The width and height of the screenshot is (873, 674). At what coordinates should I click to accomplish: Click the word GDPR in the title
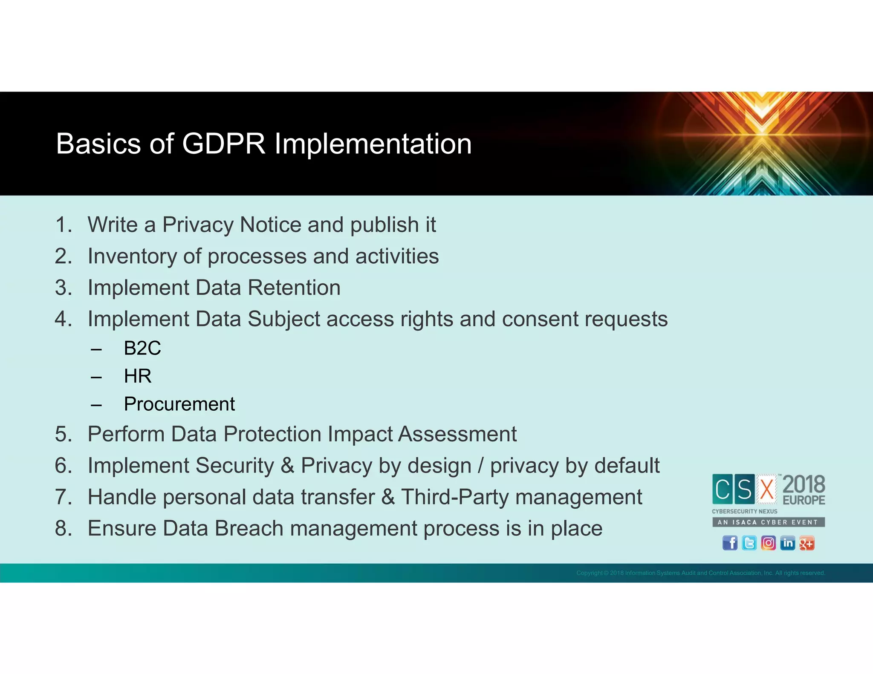click(223, 144)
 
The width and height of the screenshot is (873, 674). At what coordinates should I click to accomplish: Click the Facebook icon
click(730, 543)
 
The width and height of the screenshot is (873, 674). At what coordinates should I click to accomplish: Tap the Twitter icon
click(749, 543)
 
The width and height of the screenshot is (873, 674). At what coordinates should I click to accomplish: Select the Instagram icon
click(768, 543)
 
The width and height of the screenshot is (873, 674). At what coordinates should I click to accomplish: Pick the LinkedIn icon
click(787, 543)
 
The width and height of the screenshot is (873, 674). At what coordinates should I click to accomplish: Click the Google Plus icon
click(807, 543)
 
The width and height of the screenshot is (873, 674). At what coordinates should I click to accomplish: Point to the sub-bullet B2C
click(142, 349)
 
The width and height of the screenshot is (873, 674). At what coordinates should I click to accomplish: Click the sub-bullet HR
click(138, 376)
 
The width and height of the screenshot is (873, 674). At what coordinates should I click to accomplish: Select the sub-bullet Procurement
click(179, 404)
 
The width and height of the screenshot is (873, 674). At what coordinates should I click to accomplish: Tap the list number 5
click(63, 435)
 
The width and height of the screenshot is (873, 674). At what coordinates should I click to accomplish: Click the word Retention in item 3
click(294, 288)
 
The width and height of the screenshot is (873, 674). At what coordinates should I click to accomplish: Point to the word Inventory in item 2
click(132, 256)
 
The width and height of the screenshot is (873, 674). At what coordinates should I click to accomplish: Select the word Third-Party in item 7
click(455, 497)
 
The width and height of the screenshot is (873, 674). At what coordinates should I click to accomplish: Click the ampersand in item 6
click(288, 466)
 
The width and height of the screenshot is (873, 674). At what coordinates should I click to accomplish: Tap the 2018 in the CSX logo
click(804, 485)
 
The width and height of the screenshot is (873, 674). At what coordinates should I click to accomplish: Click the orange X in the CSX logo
click(767, 489)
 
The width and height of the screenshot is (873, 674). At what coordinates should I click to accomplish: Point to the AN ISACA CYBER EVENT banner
click(768, 522)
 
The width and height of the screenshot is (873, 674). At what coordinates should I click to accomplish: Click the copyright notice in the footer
click(700, 573)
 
